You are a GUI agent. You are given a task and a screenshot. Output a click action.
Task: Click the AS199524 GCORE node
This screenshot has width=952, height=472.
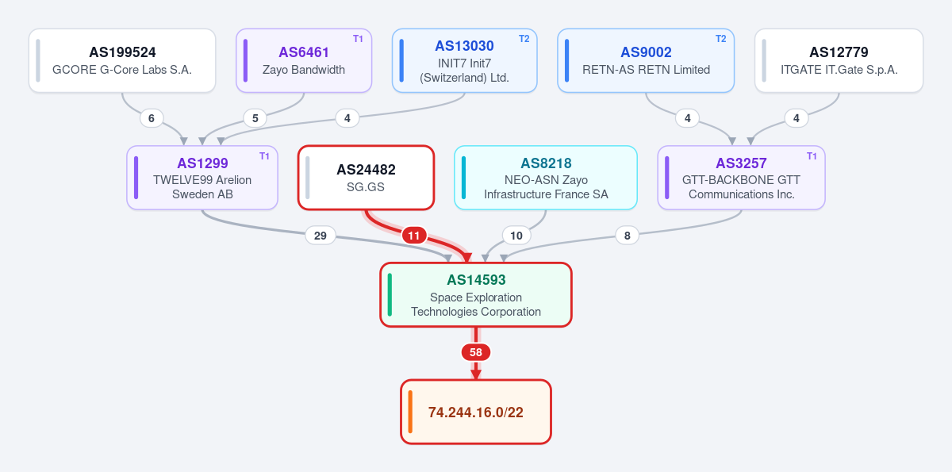point(122,60)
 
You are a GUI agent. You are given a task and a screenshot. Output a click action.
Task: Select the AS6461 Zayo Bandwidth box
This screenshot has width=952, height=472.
point(304,60)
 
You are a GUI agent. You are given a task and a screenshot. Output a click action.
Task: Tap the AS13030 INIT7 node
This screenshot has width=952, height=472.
point(465,60)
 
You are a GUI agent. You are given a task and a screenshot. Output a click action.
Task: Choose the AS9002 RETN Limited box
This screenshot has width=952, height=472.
point(646,60)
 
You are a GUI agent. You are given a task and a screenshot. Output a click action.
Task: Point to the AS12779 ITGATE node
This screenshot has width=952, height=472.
point(839,60)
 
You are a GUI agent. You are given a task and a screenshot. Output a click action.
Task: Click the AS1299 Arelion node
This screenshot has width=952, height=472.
point(202,178)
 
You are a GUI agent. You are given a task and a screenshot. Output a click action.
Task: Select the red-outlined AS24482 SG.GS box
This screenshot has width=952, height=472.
point(366,178)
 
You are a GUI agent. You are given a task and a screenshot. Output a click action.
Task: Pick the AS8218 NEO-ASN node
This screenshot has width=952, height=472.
point(546,178)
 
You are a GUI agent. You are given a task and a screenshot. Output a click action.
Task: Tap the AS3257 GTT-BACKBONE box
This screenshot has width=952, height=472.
point(741,178)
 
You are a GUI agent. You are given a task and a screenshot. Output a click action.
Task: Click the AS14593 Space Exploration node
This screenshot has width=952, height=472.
point(476,295)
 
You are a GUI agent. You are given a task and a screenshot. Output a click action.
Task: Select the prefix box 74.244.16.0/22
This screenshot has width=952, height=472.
point(476,412)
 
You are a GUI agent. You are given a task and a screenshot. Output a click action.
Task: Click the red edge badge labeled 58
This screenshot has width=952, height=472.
point(476,352)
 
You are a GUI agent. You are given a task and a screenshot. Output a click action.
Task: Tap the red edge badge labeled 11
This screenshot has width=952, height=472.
point(414,236)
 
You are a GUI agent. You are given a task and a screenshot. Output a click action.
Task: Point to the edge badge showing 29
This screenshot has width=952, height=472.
point(321,236)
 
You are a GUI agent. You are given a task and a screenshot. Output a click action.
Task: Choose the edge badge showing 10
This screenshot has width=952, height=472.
point(516,236)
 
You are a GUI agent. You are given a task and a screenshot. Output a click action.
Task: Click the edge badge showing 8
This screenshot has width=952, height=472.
point(628,236)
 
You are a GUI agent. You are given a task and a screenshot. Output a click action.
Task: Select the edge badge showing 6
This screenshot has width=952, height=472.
point(152,118)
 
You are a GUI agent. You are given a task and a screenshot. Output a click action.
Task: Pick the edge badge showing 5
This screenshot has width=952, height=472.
point(255,118)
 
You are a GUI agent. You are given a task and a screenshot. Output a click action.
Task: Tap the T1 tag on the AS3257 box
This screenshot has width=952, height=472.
point(812,156)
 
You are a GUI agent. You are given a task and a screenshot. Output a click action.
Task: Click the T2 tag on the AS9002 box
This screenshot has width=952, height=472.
point(721,39)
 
